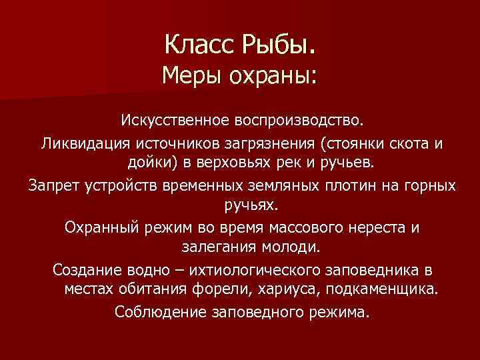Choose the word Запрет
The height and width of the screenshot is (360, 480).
point(54,185)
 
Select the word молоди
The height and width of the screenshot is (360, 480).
point(287,247)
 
